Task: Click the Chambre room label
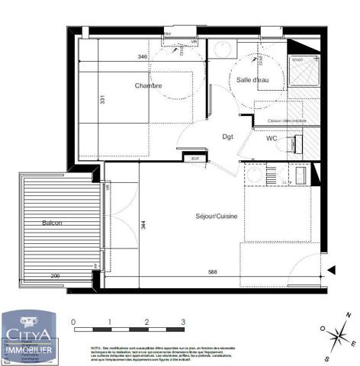[x=149, y=85]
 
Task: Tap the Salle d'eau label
[x=252, y=80]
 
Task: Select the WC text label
[x=272, y=139]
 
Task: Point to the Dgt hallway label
[x=227, y=137]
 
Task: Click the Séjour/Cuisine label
[x=217, y=217]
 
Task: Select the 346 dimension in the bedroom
[x=142, y=57]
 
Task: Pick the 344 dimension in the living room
[x=142, y=225]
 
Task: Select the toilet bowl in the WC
[x=288, y=143]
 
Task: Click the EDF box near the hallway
[x=194, y=158]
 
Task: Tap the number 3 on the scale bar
[x=183, y=323]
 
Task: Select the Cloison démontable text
[x=287, y=120]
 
